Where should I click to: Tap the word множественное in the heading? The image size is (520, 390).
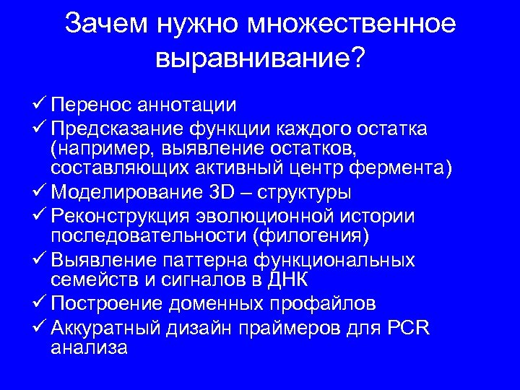[352, 24]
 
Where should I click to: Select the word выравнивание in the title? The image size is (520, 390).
[252, 58]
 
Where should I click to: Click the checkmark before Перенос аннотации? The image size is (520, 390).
[40, 104]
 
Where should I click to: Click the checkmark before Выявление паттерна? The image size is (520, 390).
[40, 259]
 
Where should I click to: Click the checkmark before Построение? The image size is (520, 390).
[40, 303]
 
